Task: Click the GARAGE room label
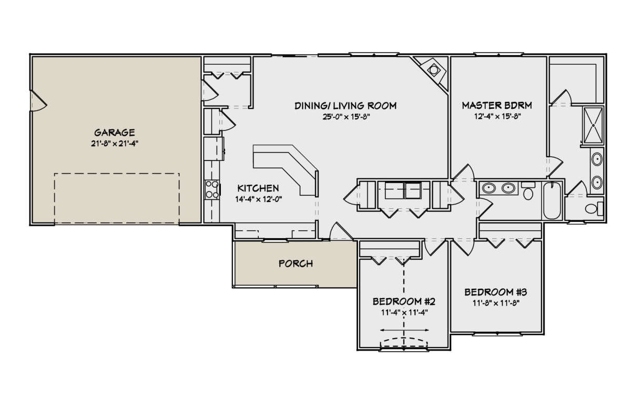tap(115, 133)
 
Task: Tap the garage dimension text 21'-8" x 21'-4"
tap(115, 144)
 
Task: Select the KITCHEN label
tap(258, 188)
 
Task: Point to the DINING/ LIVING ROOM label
tap(345, 106)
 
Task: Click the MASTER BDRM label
tap(497, 105)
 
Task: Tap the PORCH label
tap(296, 263)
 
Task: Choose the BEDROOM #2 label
tap(404, 302)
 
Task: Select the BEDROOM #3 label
tap(495, 292)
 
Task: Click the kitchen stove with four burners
tap(212, 189)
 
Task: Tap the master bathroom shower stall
tap(593, 125)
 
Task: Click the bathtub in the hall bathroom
tap(552, 200)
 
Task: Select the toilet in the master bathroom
tap(594, 209)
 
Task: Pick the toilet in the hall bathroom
tap(528, 191)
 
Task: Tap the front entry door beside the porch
tap(341, 231)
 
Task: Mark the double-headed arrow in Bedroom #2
tap(404, 330)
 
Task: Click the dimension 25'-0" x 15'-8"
tap(346, 117)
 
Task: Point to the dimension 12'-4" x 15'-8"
tap(497, 116)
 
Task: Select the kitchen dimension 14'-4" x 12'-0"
tap(259, 199)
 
